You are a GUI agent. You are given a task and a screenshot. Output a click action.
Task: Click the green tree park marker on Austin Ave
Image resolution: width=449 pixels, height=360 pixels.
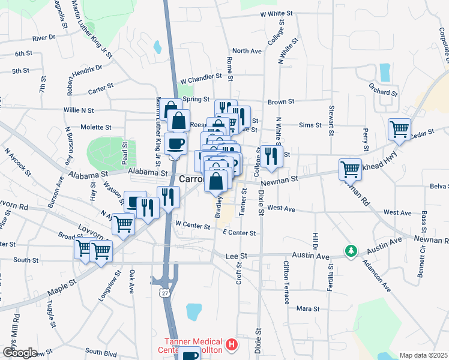tap(350, 250)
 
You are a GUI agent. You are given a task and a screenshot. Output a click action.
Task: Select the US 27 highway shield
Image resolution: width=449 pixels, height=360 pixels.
tap(164, 292)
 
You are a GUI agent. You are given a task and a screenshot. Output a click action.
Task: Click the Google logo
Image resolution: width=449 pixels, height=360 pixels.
tap(20, 353)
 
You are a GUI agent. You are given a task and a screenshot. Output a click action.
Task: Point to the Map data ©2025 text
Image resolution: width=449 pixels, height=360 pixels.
tap(423, 355)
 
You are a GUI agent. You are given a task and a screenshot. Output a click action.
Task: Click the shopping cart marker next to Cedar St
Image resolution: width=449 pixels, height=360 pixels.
tap(399, 129)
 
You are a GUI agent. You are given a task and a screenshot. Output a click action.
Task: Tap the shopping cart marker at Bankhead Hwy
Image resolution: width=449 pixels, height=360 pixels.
tap(350, 169)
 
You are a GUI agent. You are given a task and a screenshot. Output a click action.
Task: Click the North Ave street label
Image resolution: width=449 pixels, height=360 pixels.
tap(247, 51)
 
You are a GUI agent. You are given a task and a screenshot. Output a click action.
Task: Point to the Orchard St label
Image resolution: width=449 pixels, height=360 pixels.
tap(384, 93)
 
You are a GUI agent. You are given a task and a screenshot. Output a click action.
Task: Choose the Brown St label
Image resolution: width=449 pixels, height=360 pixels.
tap(281, 102)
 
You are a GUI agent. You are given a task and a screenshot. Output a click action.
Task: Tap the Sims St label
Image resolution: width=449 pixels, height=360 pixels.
tap(310, 125)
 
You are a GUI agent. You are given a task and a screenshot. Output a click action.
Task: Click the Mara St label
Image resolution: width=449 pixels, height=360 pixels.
tap(309, 308)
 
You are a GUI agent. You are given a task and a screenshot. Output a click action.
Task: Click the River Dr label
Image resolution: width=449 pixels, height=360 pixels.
tap(44, 38)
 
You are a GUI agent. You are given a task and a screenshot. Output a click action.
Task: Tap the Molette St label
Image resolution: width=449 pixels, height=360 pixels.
tap(96, 127)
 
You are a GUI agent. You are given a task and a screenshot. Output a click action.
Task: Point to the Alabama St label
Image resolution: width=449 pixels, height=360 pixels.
tap(148, 172)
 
